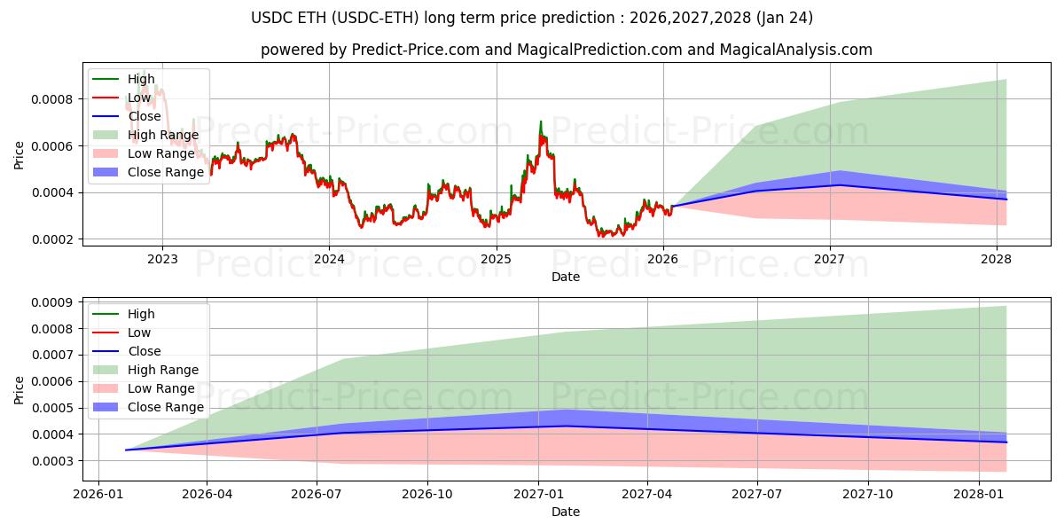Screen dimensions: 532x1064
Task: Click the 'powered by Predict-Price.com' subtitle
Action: [x=566, y=51]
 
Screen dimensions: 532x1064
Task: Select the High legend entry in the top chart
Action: [x=141, y=79]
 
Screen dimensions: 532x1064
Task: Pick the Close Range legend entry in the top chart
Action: [x=166, y=172]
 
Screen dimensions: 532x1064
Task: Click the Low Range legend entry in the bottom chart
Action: [x=160, y=388]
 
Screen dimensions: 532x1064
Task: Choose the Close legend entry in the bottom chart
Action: [x=145, y=351]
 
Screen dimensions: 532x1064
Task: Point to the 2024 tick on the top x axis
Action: [x=329, y=260]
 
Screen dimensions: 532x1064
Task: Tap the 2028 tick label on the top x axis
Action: [x=997, y=260]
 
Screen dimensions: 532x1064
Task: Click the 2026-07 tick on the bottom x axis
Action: [x=317, y=495]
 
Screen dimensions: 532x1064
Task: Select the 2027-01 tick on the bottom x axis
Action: [x=539, y=495]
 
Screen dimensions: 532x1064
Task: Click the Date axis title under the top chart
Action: [x=566, y=277]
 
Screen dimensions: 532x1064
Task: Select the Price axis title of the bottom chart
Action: [x=20, y=389]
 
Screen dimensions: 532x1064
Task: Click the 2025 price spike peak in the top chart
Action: [x=541, y=122]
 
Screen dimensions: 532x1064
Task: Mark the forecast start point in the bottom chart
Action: [x=126, y=450]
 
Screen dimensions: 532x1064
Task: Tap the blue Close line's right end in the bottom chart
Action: [x=1006, y=442]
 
